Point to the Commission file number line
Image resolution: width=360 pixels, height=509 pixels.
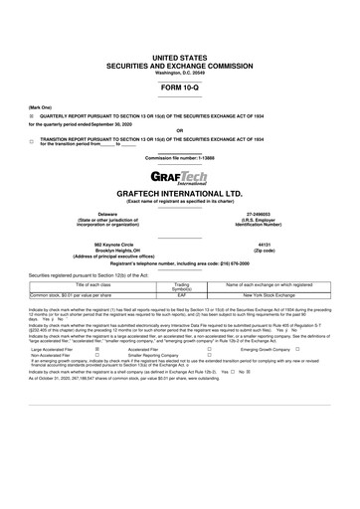pos(180,158)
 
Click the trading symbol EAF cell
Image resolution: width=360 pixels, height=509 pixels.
pos(182,295)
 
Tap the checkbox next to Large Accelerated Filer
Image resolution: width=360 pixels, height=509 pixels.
pos(96,350)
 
